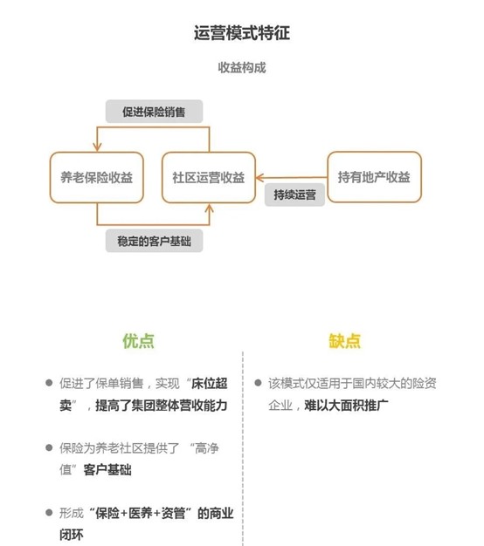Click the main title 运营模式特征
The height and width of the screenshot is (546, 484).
pyautogui.click(x=242, y=33)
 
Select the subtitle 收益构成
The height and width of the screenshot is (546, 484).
pyautogui.click(x=242, y=67)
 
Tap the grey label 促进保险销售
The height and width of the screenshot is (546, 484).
pyautogui.click(x=154, y=112)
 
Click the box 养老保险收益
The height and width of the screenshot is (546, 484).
pyautogui.click(x=97, y=177)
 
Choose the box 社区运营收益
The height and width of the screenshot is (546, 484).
pyautogui.click(x=209, y=177)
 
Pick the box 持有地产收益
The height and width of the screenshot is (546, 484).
pyautogui.click(x=375, y=177)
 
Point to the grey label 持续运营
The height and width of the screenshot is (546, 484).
pyautogui.click(x=294, y=195)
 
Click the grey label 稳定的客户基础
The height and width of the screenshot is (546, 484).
pyautogui.click(x=154, y=241)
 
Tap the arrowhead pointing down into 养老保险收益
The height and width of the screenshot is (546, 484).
pyautogui.click(x=97, y=147)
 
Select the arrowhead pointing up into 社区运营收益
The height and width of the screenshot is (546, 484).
pyautogui.click(x=209, y=208)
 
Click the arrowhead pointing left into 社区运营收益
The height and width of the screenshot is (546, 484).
pyautogui.click(x=260, y=178)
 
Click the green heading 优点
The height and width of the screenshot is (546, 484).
pyautogui.click(x=138, y=341)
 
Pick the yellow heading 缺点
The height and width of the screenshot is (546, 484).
pyautogui.click(x=345, y=341)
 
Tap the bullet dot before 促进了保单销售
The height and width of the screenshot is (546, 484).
pyautogui.click(x=49, y=383)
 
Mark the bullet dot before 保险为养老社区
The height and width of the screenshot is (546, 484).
pyautogui.click(x=49, y=447)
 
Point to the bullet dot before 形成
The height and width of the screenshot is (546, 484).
pyautogui.click(x=49, y=512)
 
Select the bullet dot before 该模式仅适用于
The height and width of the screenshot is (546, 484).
pyautogui.click(x=258, y=383)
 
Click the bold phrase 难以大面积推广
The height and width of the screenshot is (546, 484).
pyautogui.click(x=346, y=406)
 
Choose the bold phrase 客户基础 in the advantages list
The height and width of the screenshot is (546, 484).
pyautogui.click(x=107, y=470)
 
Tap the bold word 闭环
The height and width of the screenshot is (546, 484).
pyautogui.click(x=72, y=535)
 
